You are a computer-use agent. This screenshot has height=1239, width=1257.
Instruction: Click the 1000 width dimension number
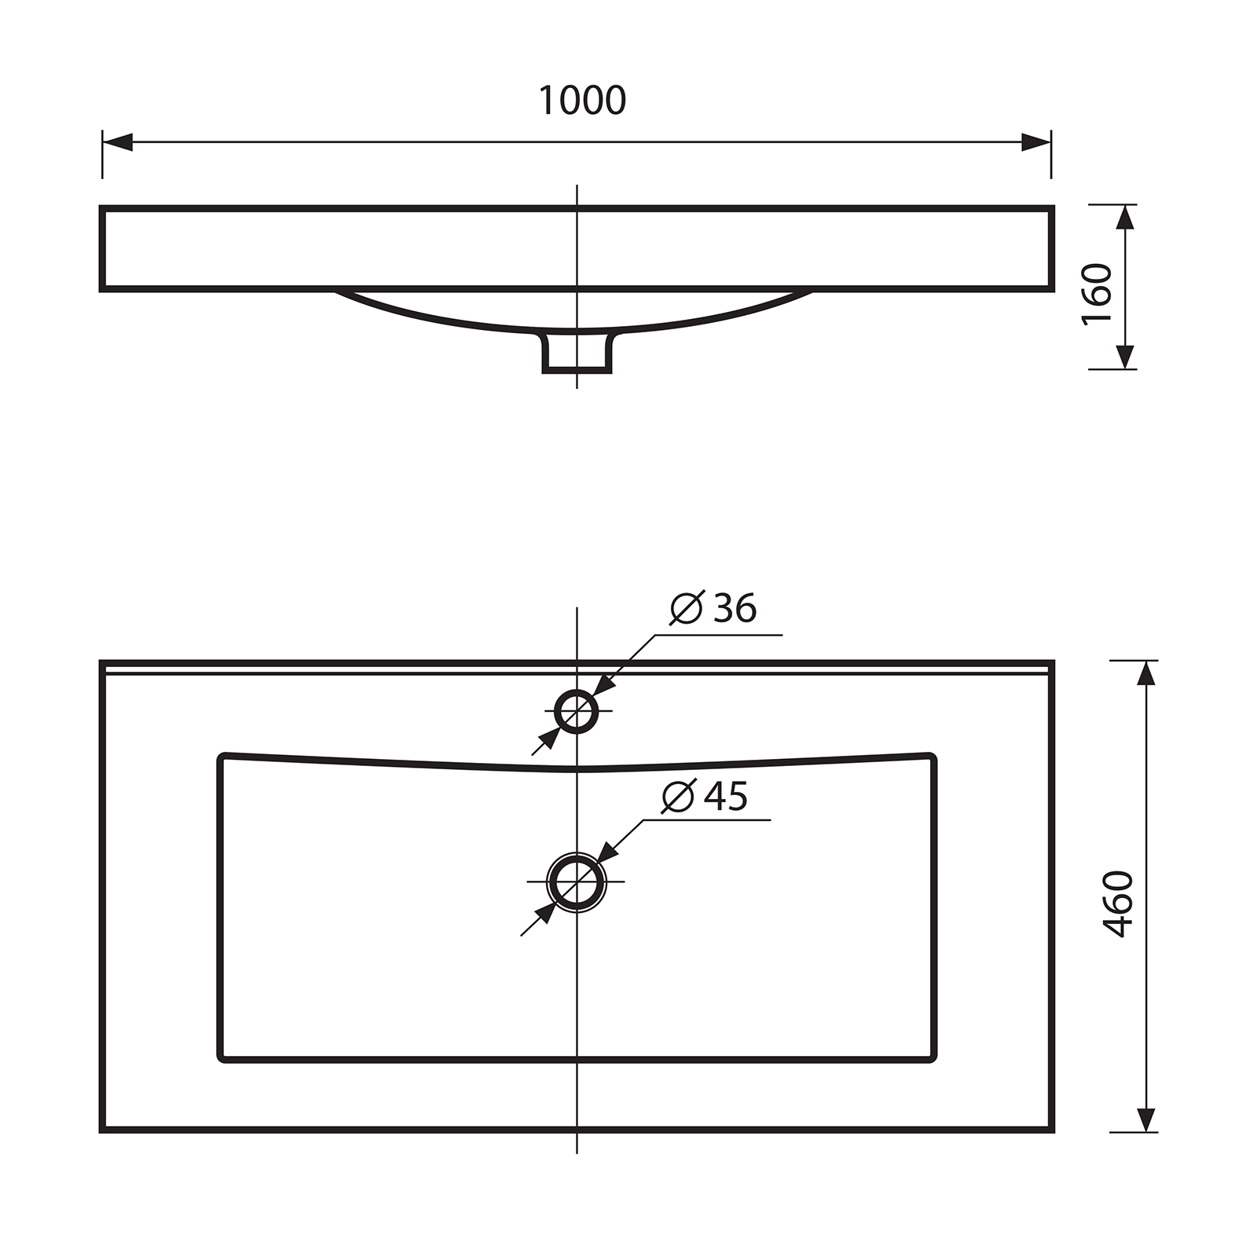(582, 101)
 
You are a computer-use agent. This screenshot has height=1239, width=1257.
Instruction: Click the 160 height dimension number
(1098, 294)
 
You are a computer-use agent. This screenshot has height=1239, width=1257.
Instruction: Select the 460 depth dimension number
(1119, 904)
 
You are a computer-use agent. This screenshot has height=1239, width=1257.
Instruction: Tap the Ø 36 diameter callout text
(713, 608)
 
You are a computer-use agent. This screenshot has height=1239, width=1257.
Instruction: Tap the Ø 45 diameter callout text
(705, 797)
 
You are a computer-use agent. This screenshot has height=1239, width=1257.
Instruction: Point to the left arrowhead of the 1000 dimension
(117, 142)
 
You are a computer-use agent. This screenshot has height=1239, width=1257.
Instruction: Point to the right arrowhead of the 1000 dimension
(1036, 142)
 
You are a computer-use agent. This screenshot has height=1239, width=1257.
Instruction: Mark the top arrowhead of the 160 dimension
(1127, 217)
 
